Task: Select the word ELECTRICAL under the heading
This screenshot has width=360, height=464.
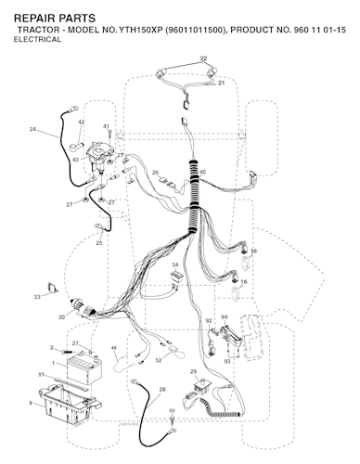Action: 37,40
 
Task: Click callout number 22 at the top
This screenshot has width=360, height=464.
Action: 203,58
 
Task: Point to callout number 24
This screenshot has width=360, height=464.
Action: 32,130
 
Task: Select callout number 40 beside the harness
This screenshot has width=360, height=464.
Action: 202,173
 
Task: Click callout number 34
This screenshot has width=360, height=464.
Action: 175,264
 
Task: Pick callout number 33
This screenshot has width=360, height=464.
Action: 37,297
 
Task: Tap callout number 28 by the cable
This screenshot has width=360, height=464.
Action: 162,390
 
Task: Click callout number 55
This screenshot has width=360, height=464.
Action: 172,410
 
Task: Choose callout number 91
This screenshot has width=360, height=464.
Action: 42,375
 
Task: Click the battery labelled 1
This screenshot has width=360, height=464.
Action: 84,369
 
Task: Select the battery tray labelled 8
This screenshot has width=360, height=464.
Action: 70,404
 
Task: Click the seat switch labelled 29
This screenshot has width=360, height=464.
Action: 200,386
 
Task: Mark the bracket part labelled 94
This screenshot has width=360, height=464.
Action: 231,336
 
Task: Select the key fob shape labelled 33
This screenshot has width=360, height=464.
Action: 52,288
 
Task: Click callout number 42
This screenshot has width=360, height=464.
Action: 81,122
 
